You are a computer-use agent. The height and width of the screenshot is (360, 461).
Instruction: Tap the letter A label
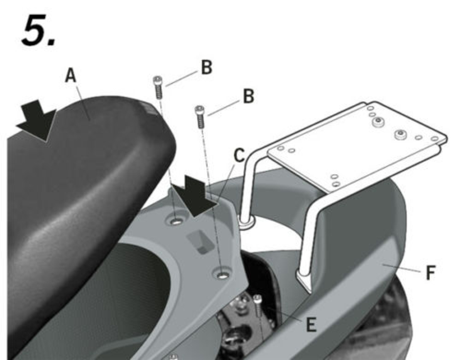pyautogui.click(x=71, y=76)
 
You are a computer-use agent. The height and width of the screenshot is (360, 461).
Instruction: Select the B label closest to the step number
pyautogui.click(x=206, y=68)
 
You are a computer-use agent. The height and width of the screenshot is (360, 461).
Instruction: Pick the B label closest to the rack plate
pyautogui.click(x=248, y=96)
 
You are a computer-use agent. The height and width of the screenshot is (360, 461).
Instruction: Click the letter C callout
pyautogui.click(x=239, y=156)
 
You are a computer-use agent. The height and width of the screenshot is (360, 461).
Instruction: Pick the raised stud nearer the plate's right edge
pyautogui.click(x=400, y=134)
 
